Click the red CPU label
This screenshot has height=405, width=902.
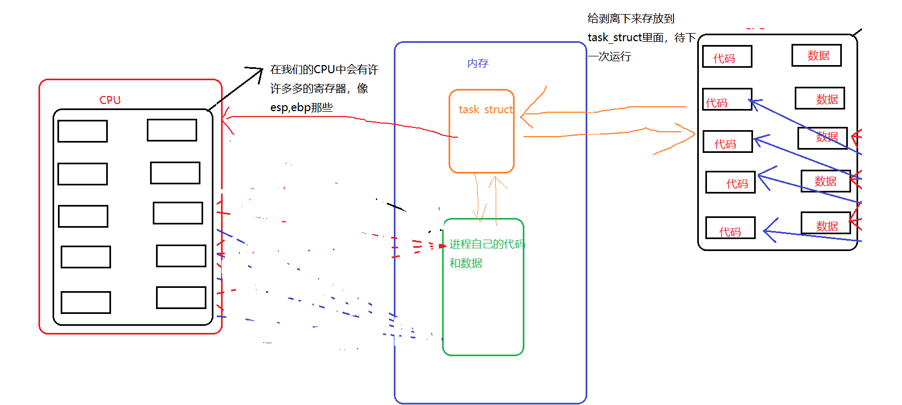(110, 100)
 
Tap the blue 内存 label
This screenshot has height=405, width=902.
(478, 63)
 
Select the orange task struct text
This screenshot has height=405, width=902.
(485, 110)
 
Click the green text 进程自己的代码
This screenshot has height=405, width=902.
(486, 244)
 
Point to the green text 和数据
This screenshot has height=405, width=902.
(465, 263)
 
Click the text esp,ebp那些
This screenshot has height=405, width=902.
(301, 107)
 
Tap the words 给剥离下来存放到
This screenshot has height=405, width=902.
(631, 18)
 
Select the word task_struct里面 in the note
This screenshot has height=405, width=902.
(626, 37)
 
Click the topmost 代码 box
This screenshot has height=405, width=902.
(727, 56)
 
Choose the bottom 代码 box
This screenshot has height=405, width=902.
(730, 228)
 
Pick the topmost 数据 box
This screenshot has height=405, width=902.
(816, 55)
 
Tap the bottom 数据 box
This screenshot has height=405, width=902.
(826, 223)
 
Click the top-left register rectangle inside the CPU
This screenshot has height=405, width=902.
(82, 131)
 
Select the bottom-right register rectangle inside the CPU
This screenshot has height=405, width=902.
(181, 298)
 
